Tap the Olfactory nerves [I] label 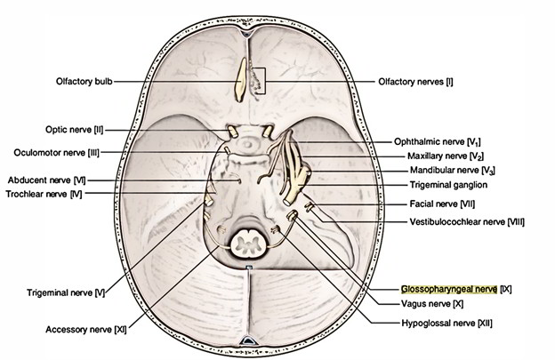[417, 81]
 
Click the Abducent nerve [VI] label [45, 180]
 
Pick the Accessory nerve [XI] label [83, 329]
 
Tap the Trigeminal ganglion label [430, 185]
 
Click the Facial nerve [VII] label [430, 203]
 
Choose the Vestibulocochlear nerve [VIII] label [460, 219]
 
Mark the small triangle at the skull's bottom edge [248, 341]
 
